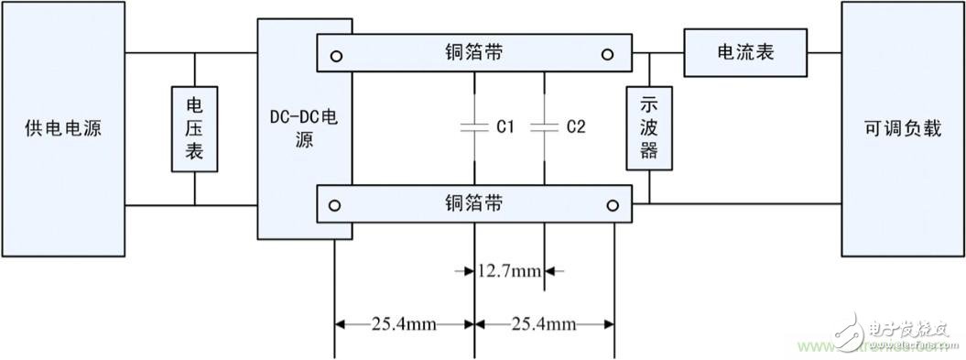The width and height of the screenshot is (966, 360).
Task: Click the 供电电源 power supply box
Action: pos(62,129)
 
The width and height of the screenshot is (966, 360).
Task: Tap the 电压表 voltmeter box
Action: pos(195,129)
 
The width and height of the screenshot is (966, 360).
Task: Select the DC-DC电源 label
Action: pos(305,129)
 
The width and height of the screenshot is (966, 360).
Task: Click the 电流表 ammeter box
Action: pos(744,52)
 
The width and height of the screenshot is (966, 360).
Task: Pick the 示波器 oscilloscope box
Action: pos(648,129)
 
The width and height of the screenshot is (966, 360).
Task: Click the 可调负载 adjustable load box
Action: pos(902,129)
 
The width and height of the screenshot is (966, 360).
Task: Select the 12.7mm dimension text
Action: pos(510,271)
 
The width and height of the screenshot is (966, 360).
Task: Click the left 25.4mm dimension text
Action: pos(405,323)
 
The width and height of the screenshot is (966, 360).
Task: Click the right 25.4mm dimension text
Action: pos(545,323)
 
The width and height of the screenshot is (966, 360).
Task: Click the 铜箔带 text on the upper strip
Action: pos(472,52)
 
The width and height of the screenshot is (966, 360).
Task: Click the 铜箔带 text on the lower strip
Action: pos(472,202)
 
